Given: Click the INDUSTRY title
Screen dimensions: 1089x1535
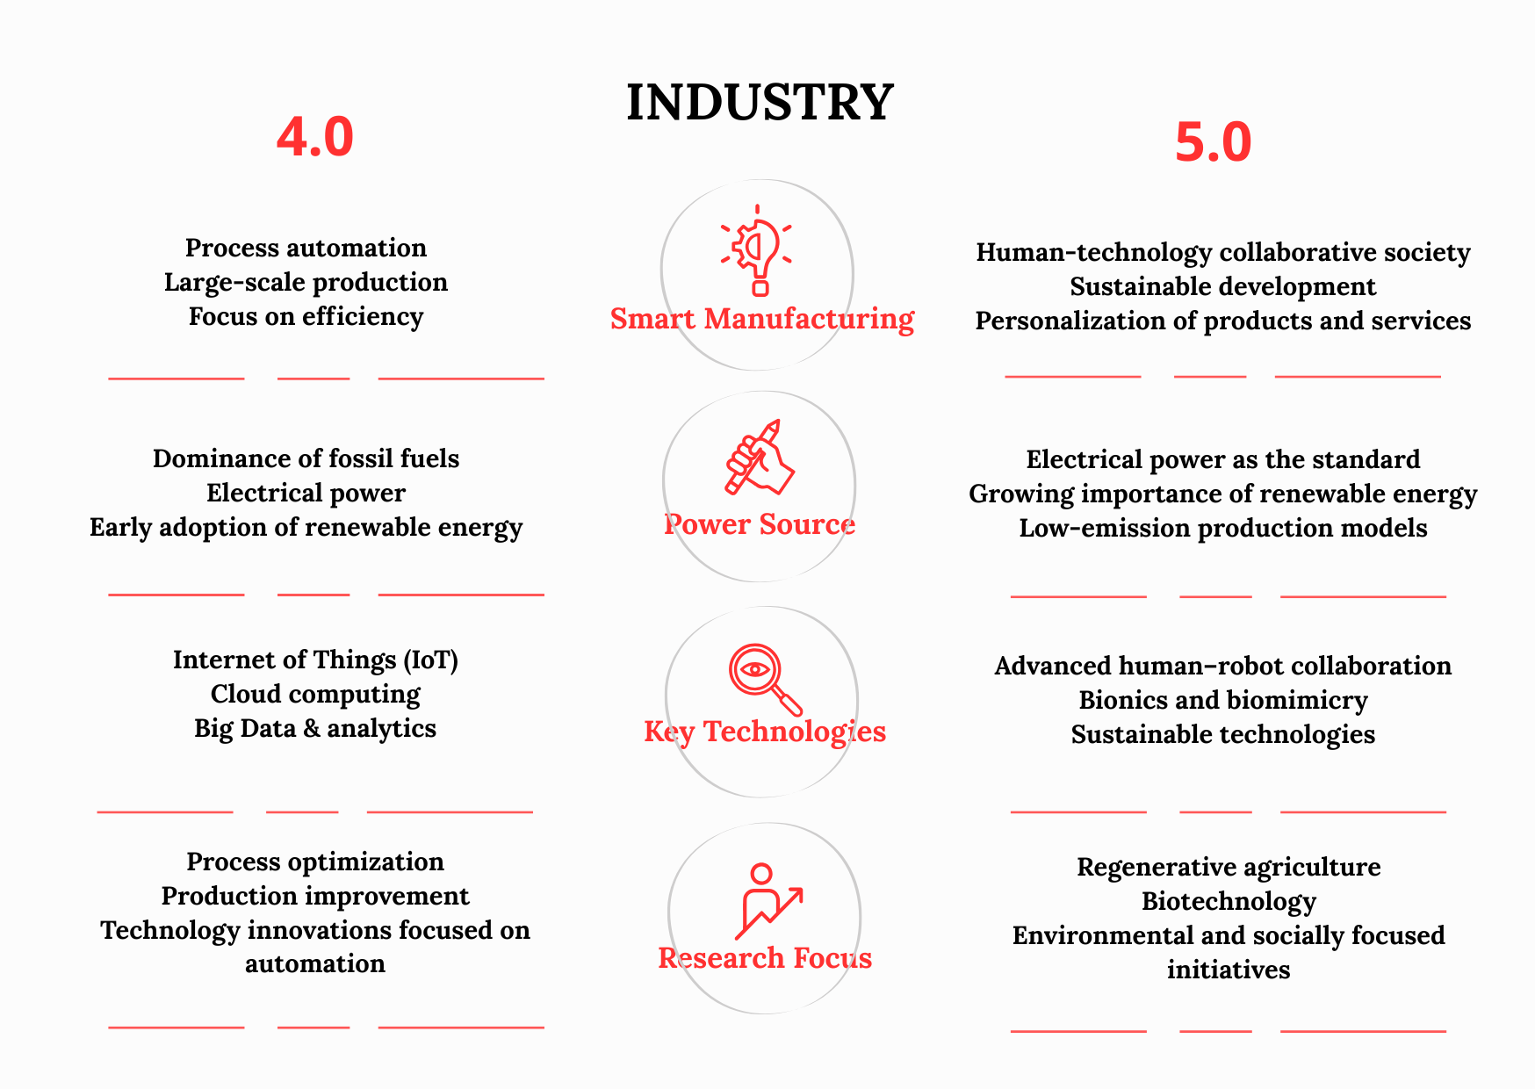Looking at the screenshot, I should pos(760,102).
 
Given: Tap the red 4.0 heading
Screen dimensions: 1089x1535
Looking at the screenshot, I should pos(314,137).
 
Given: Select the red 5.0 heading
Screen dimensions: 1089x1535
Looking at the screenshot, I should pos(1213,142).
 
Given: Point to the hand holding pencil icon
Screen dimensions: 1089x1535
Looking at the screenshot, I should pos(759,457).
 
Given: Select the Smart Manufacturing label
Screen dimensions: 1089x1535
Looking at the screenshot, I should pos(761,319).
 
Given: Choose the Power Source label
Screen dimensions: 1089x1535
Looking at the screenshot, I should pos(759,524).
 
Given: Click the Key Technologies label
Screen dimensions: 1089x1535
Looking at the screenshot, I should pos(764,732).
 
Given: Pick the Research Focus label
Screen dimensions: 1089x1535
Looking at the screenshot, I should pos(764,957).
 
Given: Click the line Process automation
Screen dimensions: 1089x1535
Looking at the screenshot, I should pos(306,249).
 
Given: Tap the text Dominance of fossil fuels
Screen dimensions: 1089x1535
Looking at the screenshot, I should pos(306,458).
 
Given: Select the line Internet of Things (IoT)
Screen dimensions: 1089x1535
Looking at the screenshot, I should pos(315,660).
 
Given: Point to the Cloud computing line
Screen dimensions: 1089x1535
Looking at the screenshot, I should pos(315,694).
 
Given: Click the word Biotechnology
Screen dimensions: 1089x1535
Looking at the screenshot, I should pos(1228,901).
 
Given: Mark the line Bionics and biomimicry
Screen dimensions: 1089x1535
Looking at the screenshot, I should pos(1222,700).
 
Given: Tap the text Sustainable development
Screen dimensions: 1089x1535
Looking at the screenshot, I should pos(1222,287).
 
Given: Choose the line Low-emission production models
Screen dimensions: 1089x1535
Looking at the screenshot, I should pos(1222,528).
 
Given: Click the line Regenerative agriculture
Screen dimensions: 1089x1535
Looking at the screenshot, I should pos(1228,867).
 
